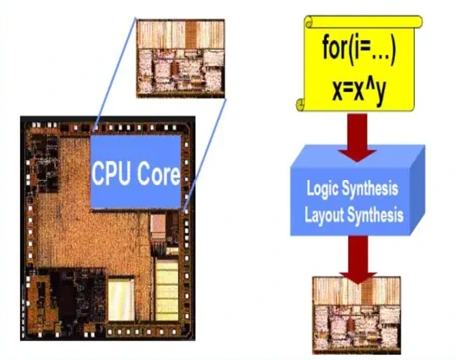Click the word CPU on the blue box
click(x=111, y=173)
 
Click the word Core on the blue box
click(x=158, y=173)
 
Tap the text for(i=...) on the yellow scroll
click(x=359, y=51)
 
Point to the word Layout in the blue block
click(x=324, y=214)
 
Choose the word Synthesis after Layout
click(x=375, y=214)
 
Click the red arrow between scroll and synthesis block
click(x=358, y=137)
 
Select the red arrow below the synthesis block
click(x=358, y=260)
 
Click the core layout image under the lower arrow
click(x=357, y=315)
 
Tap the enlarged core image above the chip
click(x=181, y=58)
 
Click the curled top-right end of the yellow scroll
click(x=417, y=22)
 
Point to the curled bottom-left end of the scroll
click(x=301, y=105)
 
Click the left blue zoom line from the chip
click(x=116, y=72)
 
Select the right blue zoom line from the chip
click(x=205, y=155)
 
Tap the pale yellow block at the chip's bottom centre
click(x=121, y=299)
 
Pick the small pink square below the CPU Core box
click(x=158, y=223)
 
